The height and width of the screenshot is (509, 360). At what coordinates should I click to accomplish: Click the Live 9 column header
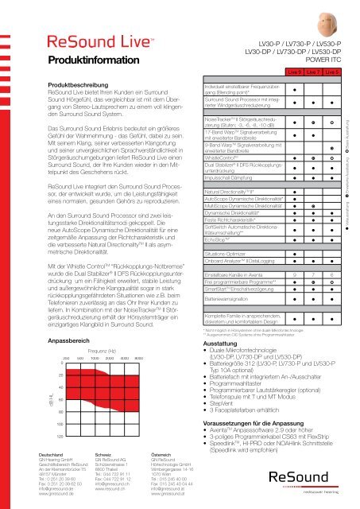coord(295,72)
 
